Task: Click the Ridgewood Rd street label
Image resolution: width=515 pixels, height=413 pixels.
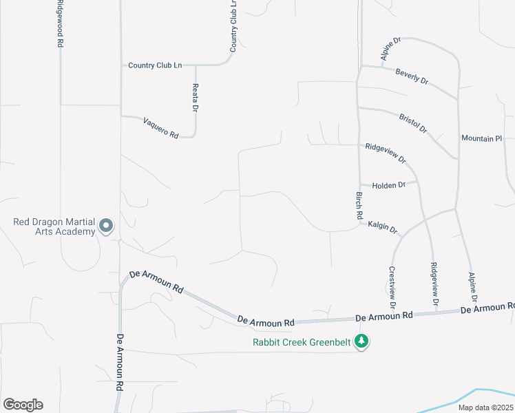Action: click(x=61, y=23)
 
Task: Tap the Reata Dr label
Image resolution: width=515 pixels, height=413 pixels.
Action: click(x=196, y=98)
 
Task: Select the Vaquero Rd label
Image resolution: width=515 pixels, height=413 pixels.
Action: click(x=160, y=129)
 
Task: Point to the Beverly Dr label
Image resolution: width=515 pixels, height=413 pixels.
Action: click(x=412, y=76)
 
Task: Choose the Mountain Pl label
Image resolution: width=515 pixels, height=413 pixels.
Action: click(x=481, y=138)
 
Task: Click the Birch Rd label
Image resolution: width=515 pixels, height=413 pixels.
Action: click(x=359, y=204)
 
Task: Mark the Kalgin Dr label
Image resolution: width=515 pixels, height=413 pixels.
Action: click(x=383, y=226)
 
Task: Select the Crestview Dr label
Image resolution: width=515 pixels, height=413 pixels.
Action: click(x=392, y=286)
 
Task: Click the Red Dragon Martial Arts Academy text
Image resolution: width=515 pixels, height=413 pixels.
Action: click(x=54, y=226)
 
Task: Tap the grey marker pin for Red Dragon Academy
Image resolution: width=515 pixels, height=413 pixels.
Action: click(x=106, y=225)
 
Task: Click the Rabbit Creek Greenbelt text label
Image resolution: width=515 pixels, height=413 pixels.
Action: click(x=302, y=341)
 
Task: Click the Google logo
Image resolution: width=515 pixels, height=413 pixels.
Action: click(x=23, y=405)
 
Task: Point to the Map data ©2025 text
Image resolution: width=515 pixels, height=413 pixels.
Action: click(x=485, y=407)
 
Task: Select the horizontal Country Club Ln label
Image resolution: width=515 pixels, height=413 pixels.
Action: click(x=155, y=65)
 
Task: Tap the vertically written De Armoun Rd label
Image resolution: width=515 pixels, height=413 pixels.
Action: click(x=119, y=363)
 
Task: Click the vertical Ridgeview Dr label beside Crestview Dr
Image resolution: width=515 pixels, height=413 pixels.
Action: click(x=434, y=284)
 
